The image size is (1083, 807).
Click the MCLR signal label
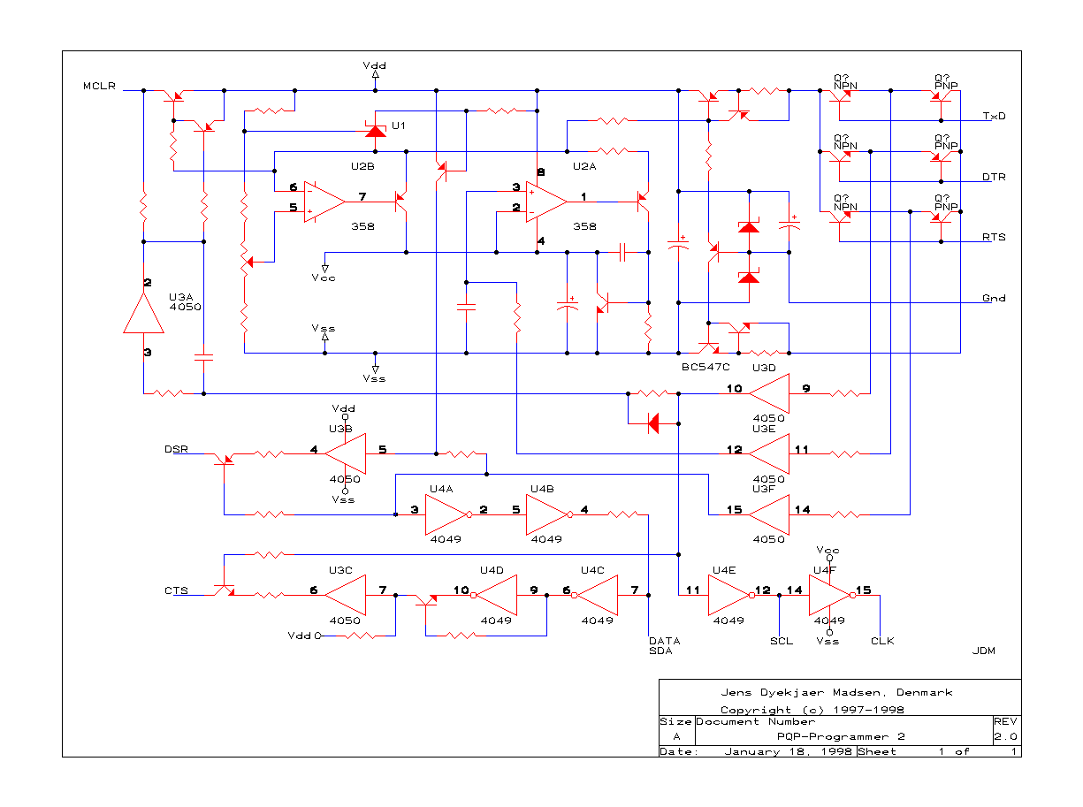[99, 86]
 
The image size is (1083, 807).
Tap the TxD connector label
[994, 116]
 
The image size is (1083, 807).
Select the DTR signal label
[993, 177]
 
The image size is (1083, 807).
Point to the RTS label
[993, 237]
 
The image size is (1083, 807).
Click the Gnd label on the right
[993, 298]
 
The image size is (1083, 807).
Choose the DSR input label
[176, 449]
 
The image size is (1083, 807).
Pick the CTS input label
[176, 590]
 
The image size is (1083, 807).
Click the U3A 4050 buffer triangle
[143, 313]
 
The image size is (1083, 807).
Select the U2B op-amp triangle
[324, 202]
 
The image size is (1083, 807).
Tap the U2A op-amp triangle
[546, 202]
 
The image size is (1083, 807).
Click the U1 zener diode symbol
[375, 129]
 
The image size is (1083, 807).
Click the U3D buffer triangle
[768, 393]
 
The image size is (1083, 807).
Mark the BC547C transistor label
[705, 367]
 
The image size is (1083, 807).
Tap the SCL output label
[781, 641]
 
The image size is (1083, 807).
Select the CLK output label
[882, 641]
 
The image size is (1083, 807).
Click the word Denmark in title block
[924, 693]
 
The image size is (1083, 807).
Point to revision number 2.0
[1005, 736]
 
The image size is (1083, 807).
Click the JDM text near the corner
[983, 651]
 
